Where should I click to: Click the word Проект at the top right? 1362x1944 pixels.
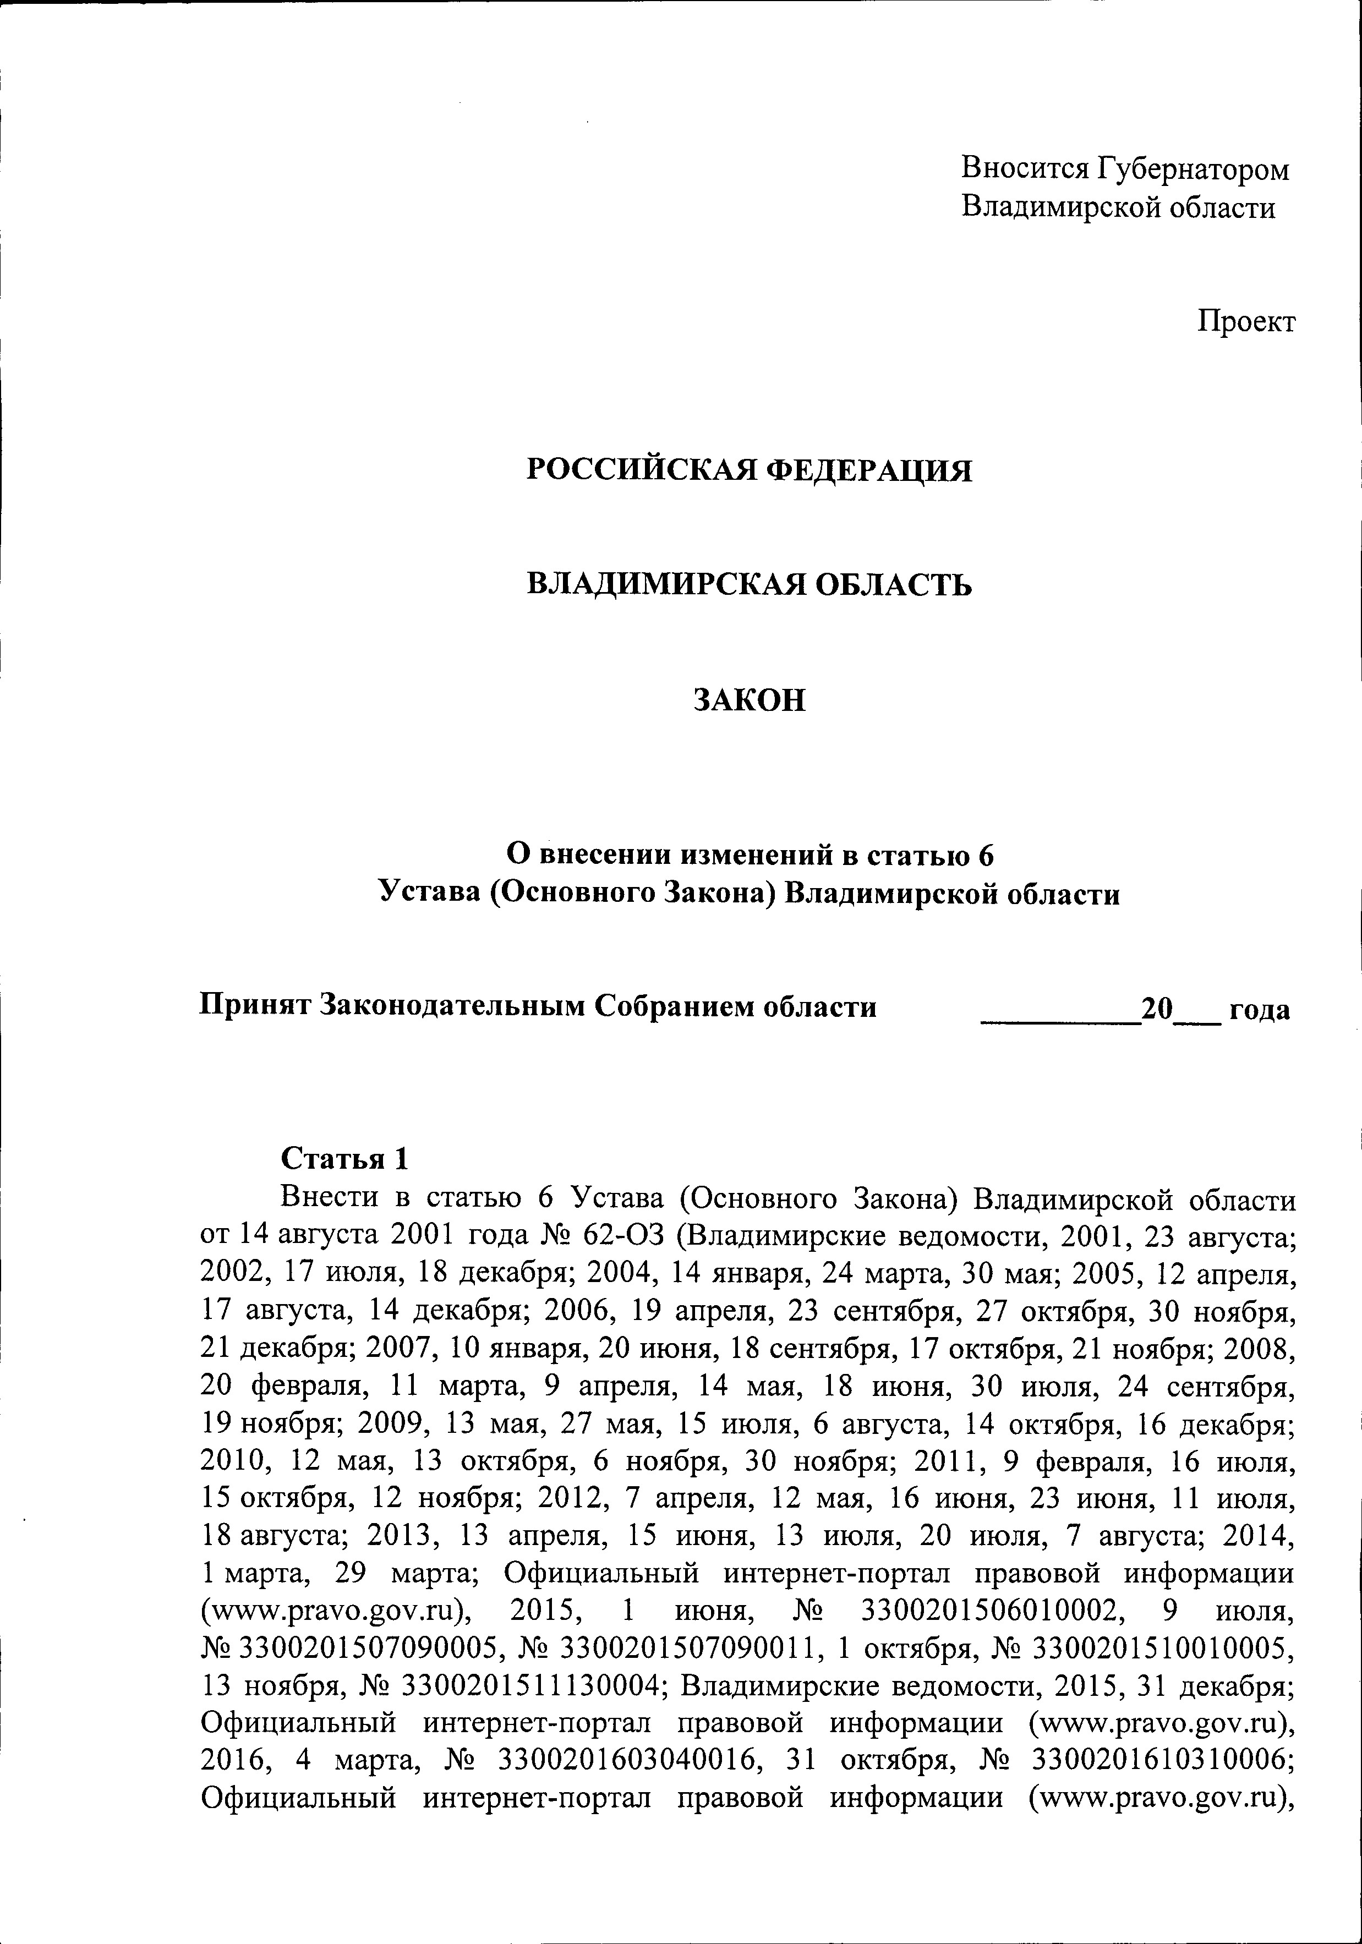[1246, 322]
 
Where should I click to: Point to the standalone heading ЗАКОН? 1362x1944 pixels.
[750, 701]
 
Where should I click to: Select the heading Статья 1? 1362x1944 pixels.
[344, 1157]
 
